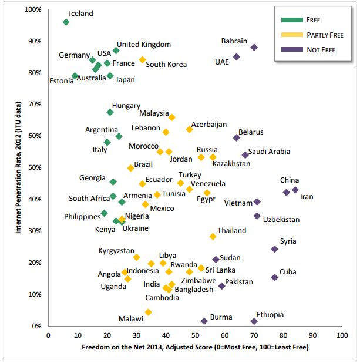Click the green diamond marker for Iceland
[x=66, y=22]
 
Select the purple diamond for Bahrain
[x=254, y=48]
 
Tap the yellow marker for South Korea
[x=142, y=60]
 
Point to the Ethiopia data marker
[x=254, y=321]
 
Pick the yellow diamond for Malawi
[x=149, y=312]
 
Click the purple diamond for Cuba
[x=274, y=277]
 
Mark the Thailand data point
[x=213, y=236]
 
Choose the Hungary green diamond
[x=110, y=112]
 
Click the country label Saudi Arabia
[x=269, y=152]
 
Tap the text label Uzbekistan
[x=281, y=220]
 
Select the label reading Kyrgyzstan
[x=117, y=251]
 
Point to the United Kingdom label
[x=143, y=45]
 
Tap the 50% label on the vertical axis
[x=35, y=168]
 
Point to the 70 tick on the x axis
[x=254, y=335]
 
